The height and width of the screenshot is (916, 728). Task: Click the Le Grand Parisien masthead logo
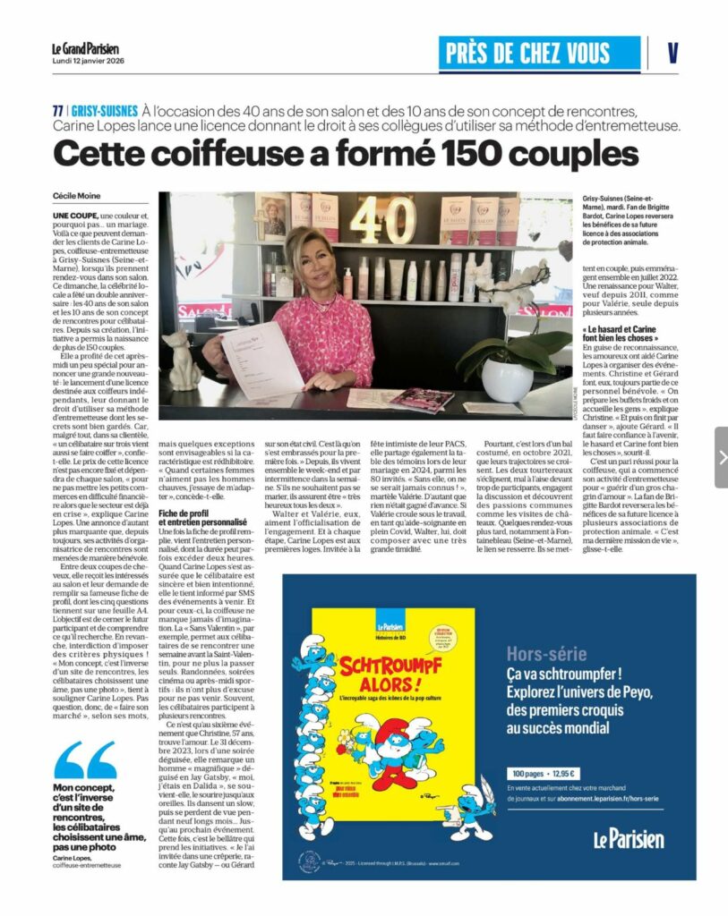coord(85,48)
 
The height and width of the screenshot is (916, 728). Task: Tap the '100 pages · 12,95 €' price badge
coord(545,773)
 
